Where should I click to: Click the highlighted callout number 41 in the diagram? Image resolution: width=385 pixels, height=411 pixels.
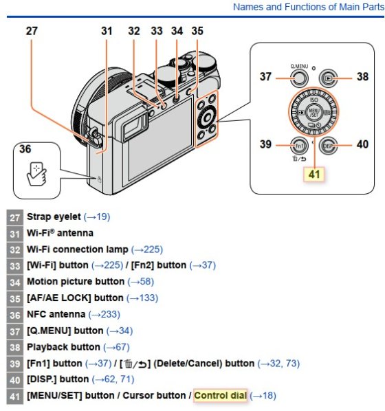[x=314, y=174]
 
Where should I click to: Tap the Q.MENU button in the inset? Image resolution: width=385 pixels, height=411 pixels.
[x=299, y=78]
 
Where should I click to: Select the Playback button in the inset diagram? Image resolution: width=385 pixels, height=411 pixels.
[x=328, y=78]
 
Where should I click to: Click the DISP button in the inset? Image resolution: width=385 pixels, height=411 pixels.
[x=328, y=145]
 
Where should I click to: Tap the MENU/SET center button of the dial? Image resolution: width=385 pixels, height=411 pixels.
[x=313, y=113]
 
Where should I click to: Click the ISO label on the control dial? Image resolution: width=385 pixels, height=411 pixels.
[x=313, y=100]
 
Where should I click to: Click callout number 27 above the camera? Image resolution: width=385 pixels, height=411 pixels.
[x=32, y=31]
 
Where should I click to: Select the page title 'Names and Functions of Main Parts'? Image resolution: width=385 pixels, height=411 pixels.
[x=309, y=7]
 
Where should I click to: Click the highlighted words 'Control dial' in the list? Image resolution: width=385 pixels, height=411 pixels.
[x=220, y=395]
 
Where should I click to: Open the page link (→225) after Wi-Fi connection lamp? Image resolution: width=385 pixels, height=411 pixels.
[x=147, y=249]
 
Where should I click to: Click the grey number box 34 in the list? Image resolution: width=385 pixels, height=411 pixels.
[x=15, y=282]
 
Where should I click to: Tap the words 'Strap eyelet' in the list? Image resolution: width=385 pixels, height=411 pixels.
[x=54, y=216]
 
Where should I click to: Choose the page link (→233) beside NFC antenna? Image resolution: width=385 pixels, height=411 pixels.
[x=104, y=314]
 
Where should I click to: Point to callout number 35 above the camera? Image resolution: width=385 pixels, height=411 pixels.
[x=197, y=31]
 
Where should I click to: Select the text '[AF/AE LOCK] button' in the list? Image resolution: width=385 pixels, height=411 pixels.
[x=75, y=298]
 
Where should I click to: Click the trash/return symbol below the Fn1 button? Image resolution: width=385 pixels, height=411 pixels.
[x=299, y=159]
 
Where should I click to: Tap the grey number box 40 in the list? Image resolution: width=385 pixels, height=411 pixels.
[x=15, y=380]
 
